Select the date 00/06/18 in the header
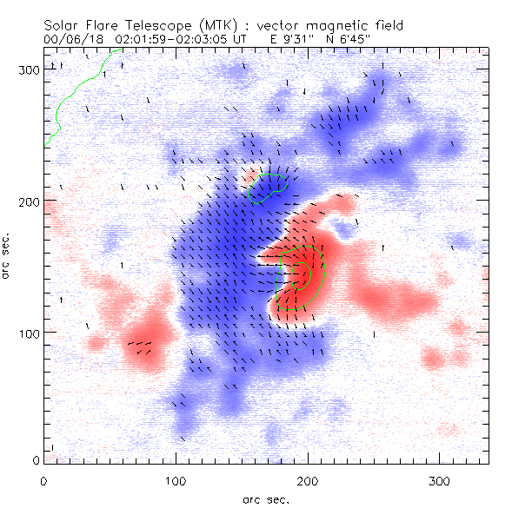[x=70, y=39]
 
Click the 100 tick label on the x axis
[x=176, y=480]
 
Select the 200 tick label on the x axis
[x=308, y=480]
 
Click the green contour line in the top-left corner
[x=77, y=87]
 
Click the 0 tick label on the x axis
[x=43, y=480]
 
